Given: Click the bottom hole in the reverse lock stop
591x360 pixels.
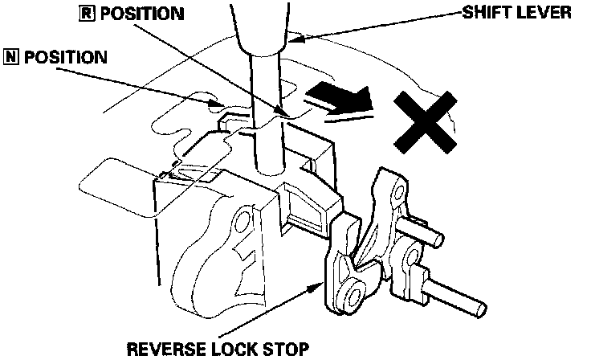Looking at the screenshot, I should (x=352, y=300).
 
